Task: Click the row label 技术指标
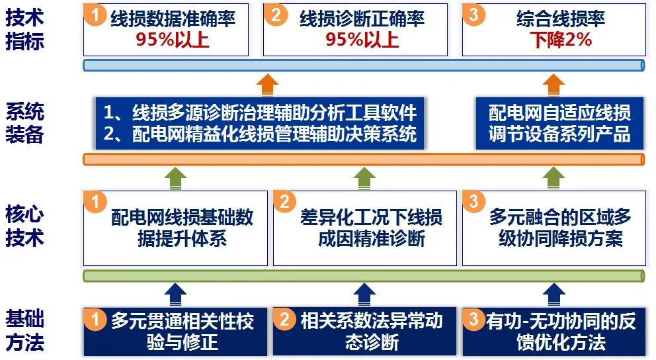coord(24,29)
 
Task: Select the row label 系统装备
coord(24,123)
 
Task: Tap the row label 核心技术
coord(24,226)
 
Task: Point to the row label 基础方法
coord(24,330)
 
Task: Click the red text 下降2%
coord(561,40)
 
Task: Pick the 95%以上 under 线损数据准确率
coord(173,40)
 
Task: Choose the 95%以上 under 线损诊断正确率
coord(362,40)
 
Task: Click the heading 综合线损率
coord(561,19)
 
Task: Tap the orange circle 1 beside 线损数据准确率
coord(95,15)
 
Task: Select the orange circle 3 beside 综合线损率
coord(474,15)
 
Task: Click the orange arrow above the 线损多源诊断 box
coord(267,85)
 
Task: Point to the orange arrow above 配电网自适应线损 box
coord(553,85)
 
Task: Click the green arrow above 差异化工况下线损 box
coord(364,178)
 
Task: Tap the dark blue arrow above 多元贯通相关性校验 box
coord(175,294)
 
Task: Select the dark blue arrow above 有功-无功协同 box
coord(553,294)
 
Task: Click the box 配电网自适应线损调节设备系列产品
coord(559,124)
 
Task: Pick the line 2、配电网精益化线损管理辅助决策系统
coord(260,134)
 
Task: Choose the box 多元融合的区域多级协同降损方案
coord(554,228)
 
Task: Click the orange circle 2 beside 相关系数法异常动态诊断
coord(284,319)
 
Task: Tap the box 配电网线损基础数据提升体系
coord(175,228)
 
